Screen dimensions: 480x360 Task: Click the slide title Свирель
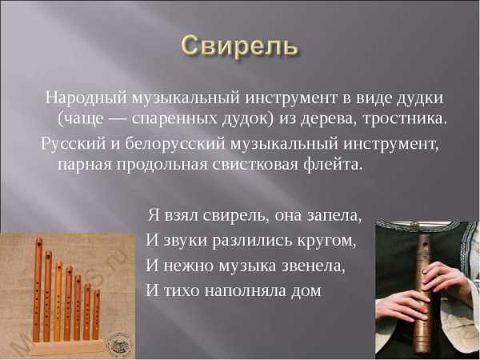pyautogui.click(x=238, y=46)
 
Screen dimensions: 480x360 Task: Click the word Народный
pyautogui.click(x=86, y=98)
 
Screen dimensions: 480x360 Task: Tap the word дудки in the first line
pyautogui.click(x=420, y=98)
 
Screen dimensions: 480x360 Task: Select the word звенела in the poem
pyautogui.click(x=314, y=266)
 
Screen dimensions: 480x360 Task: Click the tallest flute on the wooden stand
pyautogui.click(x=38, y=290)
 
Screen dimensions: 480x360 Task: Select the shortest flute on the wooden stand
pyautogui.click(x=96, y=314)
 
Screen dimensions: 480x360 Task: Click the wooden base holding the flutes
pyautogui.click(x=67, y=347)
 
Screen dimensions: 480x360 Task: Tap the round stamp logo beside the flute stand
pyautogui.click(x=120, y=346)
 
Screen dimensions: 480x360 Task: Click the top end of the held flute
pyautogui.click(x=425, y=236)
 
